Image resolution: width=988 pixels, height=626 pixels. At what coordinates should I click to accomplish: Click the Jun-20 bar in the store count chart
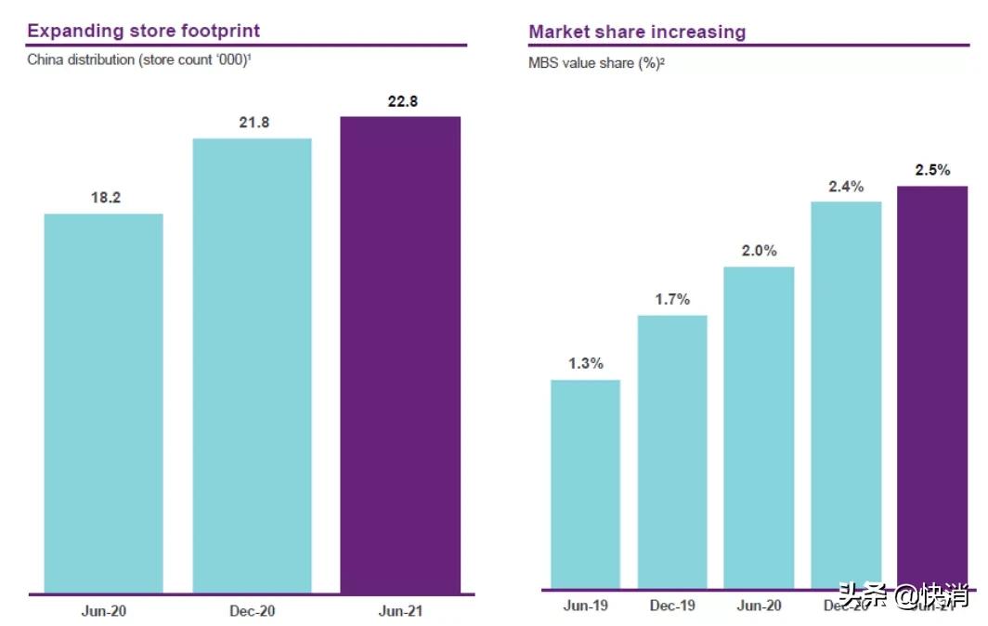103,403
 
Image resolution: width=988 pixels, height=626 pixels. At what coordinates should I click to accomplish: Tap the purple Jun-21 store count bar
400,355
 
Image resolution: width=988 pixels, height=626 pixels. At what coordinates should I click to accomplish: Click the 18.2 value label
103,198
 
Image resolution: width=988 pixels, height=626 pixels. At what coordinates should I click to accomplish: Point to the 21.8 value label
253,123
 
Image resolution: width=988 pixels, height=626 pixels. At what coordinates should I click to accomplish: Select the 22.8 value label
401,101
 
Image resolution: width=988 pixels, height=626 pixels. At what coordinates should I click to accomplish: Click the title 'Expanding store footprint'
143,31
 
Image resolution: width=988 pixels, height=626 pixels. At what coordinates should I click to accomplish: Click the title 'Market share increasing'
637,32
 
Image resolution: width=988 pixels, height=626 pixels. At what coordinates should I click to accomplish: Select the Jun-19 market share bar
585,484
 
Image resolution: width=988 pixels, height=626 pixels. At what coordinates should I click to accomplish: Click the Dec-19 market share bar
671,451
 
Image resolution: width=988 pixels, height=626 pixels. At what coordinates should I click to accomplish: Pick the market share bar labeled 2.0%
759,427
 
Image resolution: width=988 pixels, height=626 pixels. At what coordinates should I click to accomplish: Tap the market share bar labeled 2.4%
845,395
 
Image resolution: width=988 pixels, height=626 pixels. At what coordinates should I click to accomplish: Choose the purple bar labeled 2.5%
931,387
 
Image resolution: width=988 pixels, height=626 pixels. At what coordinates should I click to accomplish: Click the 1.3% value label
585,364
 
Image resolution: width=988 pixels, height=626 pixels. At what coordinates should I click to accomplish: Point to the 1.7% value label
671,299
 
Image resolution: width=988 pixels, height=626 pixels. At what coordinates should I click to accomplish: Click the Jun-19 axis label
585,606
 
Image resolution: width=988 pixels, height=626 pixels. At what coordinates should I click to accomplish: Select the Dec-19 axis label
671,606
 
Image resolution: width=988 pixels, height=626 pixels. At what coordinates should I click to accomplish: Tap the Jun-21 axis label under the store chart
400,611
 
